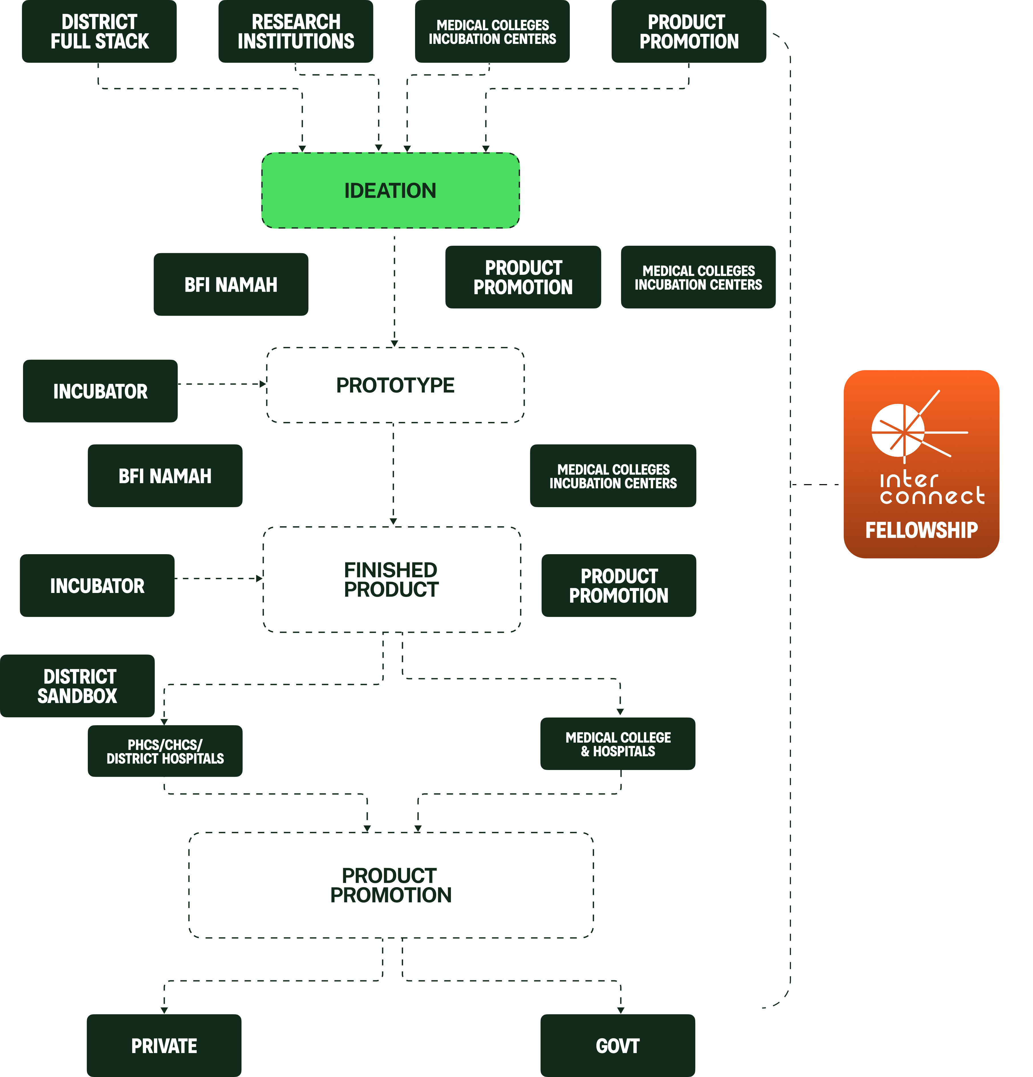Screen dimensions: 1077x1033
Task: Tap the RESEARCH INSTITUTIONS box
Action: pos(296,31)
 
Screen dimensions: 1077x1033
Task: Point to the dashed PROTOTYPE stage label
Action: pos(395,385)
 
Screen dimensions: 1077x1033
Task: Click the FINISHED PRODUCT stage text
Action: pos(391,580)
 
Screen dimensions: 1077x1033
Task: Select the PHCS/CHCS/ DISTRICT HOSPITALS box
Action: pos(165,751)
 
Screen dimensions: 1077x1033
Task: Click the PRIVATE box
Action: pos(164,1046)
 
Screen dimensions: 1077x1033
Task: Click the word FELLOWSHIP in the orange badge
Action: pos(922,530)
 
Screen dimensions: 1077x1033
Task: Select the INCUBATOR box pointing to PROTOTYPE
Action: pos(100,391)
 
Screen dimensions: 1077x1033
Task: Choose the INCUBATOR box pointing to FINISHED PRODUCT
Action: pos(97,586)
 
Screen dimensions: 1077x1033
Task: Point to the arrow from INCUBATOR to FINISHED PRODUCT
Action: pos(218,579)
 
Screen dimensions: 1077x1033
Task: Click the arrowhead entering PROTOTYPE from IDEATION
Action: pos(394,344)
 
